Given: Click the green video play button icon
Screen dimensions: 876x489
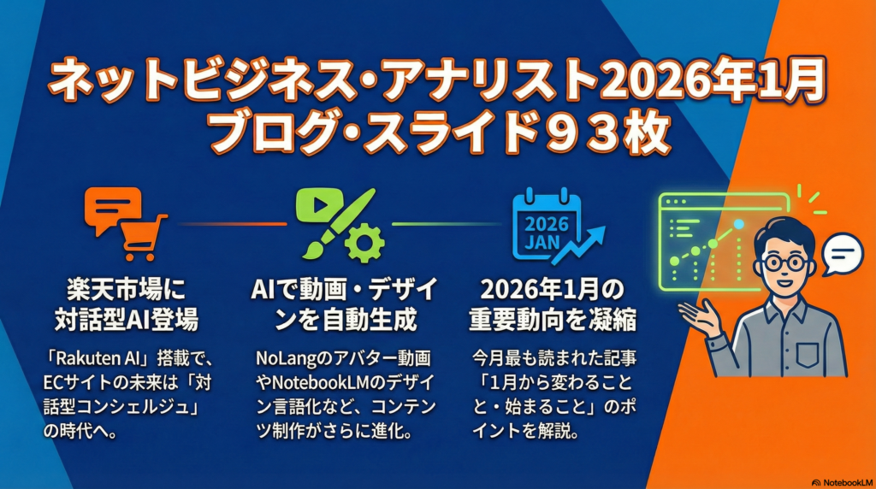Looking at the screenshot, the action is pos(319,205).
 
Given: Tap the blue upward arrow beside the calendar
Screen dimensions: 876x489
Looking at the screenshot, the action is pos(579,244).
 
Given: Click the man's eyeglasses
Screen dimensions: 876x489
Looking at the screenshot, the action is pos(786,263).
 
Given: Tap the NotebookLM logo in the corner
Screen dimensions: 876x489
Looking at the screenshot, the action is pos(842,482).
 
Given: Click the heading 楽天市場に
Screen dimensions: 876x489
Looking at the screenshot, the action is pos(127,290).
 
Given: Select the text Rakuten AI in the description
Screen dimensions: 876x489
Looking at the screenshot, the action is pos(89,358).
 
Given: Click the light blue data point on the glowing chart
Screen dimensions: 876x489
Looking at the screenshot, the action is pos(739,224).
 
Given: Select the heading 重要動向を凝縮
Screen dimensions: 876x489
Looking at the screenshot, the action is pos(553,320).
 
